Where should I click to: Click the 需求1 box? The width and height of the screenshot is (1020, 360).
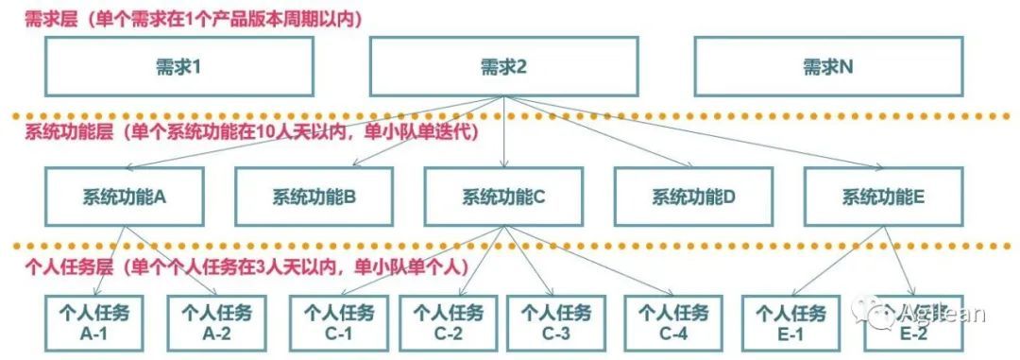[178, 66]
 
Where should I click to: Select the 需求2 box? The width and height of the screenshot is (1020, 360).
[502, 66]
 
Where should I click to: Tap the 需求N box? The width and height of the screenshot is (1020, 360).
[827, 66]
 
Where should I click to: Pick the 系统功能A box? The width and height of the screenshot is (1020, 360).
[125, 197]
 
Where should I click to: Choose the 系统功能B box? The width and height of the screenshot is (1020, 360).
[314, 197]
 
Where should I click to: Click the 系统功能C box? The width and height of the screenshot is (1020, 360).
[502, 197]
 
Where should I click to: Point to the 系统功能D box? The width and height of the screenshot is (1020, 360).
[693, 197]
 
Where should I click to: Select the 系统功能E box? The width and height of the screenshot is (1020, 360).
[883, 197]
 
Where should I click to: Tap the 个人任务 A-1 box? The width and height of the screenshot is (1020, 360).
[94, 323]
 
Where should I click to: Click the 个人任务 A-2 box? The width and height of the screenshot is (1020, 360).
[216, 323]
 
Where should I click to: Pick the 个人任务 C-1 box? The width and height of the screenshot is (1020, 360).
[338, 323]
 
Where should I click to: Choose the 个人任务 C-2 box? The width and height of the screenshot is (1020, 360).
[448, 323]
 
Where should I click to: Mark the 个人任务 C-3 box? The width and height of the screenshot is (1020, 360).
[556, 323]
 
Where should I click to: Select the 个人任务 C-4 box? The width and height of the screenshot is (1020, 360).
[673, 323]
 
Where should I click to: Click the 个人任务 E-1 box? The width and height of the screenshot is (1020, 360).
[791, 323]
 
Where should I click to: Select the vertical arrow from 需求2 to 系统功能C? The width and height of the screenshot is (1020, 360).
[503, 131]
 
